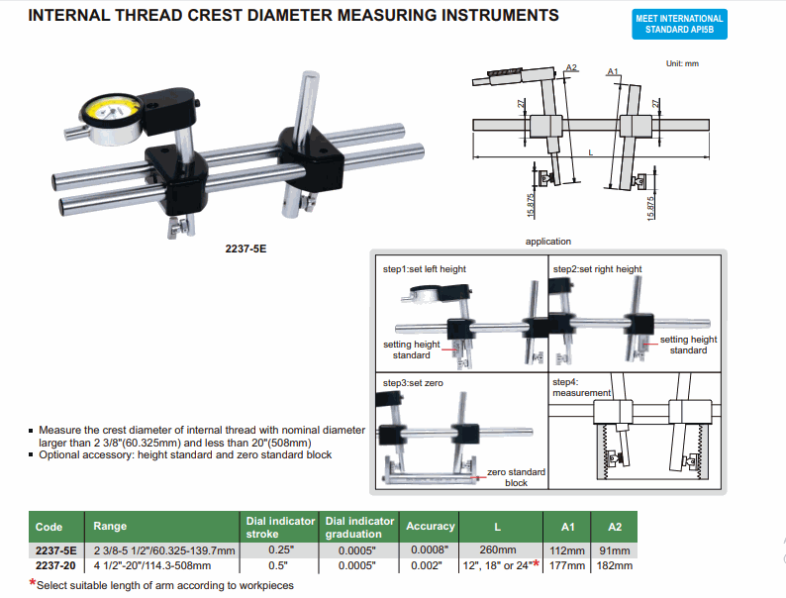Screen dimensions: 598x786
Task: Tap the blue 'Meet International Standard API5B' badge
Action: pos(679,25)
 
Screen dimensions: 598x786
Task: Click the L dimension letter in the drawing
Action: pos(590,151)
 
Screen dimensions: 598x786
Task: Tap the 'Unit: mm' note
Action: pos(683,63)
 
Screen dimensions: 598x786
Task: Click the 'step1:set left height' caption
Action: pos(425,269)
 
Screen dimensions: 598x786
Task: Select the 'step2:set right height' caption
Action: pos(597,269)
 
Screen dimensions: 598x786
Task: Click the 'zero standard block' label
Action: pos(516,478)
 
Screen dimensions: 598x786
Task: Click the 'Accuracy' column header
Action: pos(431,527)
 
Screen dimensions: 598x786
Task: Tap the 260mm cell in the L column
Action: pos(498,550)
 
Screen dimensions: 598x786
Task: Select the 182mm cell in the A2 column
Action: pos(614,565)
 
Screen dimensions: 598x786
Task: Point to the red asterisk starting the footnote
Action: pos(32,584)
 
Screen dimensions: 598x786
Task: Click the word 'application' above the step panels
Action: pos(547,242)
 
